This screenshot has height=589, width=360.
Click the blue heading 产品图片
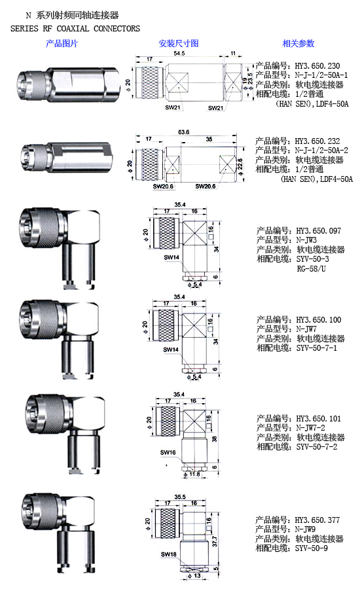pos(62,44)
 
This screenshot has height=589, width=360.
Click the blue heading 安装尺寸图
pos(179,43)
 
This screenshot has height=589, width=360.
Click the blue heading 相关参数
pos(298,43)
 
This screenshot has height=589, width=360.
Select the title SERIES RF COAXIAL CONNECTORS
pos(75,29)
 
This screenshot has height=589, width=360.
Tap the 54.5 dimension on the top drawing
pos(179,54)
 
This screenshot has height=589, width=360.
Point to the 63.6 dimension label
pos(184,132)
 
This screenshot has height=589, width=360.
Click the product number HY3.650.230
pos(317,65)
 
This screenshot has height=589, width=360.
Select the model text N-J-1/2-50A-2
pos(321,151)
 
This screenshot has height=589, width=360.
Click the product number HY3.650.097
pos(319,230)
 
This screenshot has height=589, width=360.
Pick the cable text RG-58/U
pos(311,268)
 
